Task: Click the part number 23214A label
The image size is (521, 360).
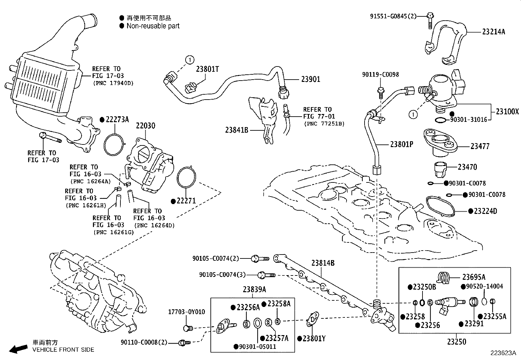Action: [x=494, y=32]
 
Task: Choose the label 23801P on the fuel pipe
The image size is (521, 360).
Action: [x=402, y=144]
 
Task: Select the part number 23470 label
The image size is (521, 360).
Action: [x=467, y=167]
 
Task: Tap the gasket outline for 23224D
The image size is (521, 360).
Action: [x=440, y=206]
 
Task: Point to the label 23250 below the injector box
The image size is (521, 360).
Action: [x=457, y=342]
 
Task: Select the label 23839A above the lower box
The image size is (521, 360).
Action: [x=254, y=290]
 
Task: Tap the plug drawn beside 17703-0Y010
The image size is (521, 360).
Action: [x=188, y=328]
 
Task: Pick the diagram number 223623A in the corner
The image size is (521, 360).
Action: [x=503, y=353]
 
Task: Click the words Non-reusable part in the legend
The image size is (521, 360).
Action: [x=153, y=26]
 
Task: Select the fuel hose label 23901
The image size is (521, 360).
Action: [x=311, y=79]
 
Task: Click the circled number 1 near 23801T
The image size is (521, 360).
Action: [x=189, y=60]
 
